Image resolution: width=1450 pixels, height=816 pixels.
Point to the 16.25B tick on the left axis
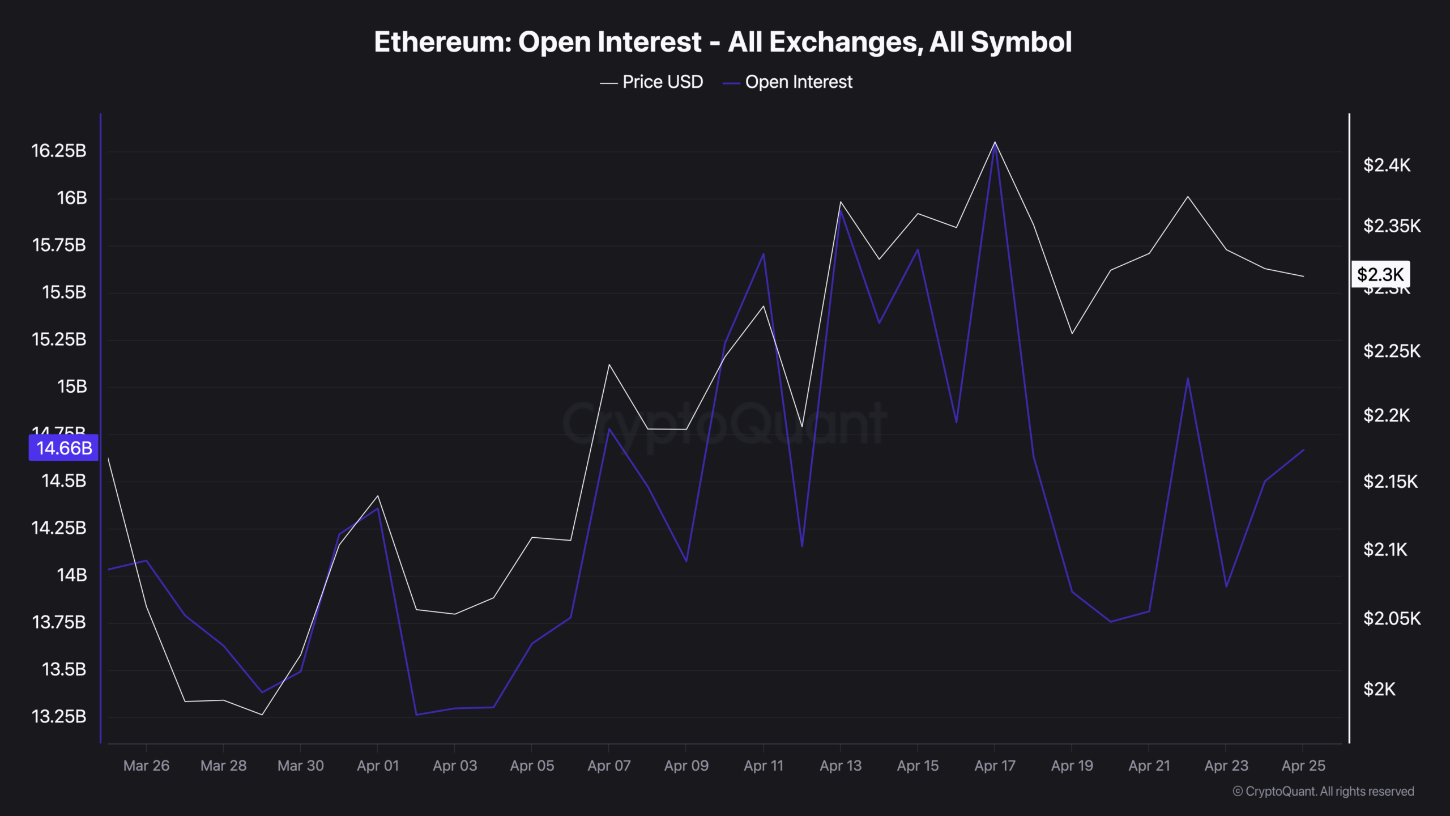(59, 151)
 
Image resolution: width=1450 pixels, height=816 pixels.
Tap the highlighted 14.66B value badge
(63, 448)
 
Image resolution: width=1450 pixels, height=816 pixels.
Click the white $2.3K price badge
(1380, 275)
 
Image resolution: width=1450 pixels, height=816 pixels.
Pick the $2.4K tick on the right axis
(1387, 165)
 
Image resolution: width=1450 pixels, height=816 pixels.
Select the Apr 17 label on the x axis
(995, 766)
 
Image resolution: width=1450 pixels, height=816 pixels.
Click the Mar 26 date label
(146, 766)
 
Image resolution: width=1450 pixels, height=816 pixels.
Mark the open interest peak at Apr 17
(995, 145)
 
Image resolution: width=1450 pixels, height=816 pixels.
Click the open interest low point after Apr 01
(416, 715)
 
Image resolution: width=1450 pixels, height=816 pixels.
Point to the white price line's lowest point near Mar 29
(262, 715)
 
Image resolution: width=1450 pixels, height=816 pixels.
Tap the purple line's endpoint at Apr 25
(1304, 450)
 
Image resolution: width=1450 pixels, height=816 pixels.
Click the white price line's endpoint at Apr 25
(1304, 277)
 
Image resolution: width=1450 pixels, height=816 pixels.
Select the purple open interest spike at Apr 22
(1188, 378)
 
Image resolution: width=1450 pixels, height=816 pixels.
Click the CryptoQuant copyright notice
(1323, 792)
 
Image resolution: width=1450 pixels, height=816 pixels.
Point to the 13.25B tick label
(59, 716)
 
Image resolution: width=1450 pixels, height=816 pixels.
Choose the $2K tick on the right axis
(1379, 690)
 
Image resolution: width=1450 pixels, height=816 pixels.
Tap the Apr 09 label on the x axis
(686, 766)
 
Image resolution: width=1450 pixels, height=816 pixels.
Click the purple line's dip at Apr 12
(802, 546)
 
